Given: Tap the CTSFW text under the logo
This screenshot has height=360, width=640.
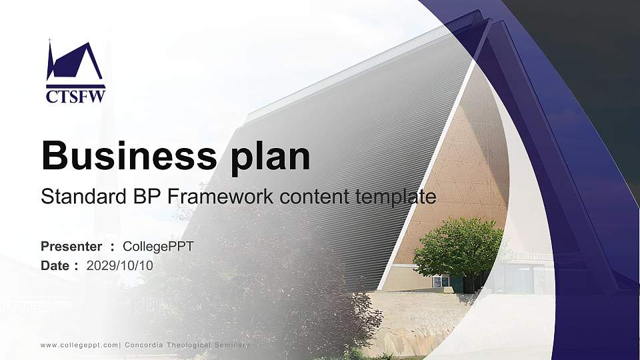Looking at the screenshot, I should (x=75, y=97).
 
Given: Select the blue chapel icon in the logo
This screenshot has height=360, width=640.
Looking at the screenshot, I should (x=75, y=64).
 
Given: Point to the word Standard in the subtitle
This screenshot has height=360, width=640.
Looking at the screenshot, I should (x=80, y=197).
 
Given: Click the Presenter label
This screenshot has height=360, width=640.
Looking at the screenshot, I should (x=71, y=247).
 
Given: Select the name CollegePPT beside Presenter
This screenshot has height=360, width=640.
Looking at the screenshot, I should (x=158, y=247).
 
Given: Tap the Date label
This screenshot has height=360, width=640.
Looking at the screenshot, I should (x=55, y=265).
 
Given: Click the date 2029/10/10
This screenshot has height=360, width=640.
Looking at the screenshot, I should (x=120, y=265).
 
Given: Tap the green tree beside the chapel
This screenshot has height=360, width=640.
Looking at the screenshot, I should (x=458, y=247).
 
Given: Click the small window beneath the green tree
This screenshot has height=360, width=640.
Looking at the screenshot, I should (x=441, y=281).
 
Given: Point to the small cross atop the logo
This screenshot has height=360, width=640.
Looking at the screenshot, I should (x=49, y=41).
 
